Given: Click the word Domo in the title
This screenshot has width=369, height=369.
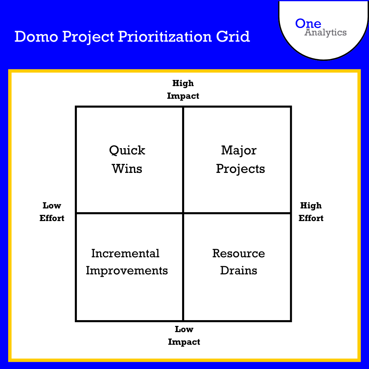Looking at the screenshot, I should tap(35, 37).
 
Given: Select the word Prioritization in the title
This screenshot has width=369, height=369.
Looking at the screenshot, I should tap(165, 37).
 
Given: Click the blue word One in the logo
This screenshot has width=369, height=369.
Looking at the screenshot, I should tap(308, 24).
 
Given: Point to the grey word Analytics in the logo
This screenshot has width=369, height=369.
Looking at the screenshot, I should tap(326, 33).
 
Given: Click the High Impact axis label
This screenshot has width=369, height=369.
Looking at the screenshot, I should tap(183, 90).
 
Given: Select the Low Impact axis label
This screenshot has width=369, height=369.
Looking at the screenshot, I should tap(184, 336).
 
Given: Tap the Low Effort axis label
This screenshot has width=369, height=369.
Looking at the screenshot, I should tap(52, 212).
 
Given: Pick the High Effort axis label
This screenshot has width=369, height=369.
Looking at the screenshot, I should tap(311, 212).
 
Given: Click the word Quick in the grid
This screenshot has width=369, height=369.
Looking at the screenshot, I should tap(127, 151).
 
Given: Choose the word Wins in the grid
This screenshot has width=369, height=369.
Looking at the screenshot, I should tap(127, 168).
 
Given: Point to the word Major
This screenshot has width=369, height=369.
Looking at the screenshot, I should tap(239, 150).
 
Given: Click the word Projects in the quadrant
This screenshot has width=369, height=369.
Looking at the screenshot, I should tap(241, 169).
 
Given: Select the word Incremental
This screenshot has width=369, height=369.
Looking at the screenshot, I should tap(125, 254).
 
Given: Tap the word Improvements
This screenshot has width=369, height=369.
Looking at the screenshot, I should tap(127, 271).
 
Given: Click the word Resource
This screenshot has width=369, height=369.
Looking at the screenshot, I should tap(238, 254).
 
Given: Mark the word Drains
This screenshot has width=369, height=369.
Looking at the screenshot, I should tap(238, 271).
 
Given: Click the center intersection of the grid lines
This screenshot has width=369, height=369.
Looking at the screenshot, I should tap(183, 213).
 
